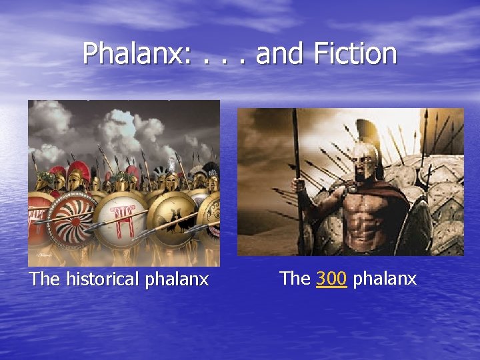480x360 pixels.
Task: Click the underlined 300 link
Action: point(331,278)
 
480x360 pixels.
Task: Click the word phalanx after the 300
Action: point(385,278)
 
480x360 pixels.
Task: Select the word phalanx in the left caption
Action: point(176,279)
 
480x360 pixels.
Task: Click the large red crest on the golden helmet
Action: point(79,170)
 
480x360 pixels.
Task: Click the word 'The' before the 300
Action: point(295,278)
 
